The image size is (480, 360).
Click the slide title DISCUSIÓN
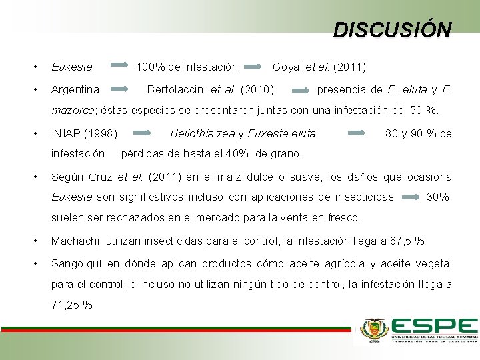pos(392,29)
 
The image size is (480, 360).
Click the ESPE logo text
pos(434,326)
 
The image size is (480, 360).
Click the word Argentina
pos(75,89)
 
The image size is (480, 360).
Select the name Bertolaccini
pos(177,89)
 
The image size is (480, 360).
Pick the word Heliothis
pos(191,133)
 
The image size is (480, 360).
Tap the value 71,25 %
pos(71,305)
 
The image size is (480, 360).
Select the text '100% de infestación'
pos(187,67)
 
